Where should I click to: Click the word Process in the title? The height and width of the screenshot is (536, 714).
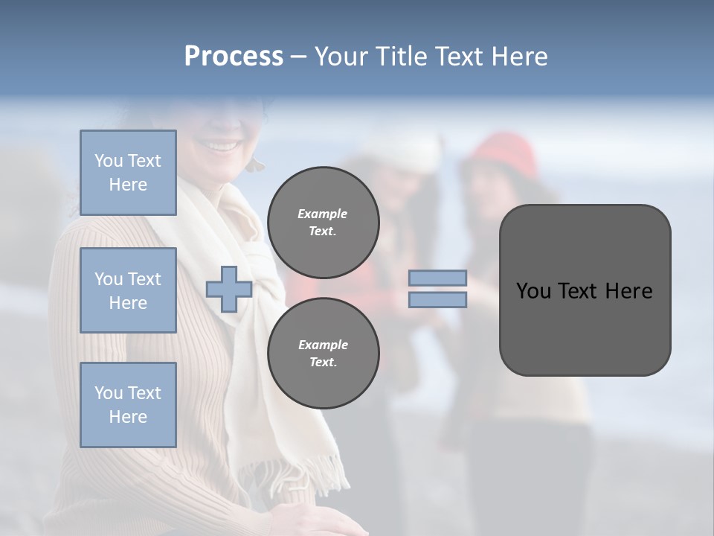234,57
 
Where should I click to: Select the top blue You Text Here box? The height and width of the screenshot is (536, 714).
128,173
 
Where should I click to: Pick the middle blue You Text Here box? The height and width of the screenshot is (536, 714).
128,290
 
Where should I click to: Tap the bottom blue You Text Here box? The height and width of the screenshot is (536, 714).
128,404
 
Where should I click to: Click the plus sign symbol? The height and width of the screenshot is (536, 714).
229,290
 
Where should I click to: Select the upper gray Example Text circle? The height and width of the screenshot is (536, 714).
323,222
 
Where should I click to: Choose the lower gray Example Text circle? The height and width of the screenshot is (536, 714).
323,353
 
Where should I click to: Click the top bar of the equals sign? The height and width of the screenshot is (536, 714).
437,278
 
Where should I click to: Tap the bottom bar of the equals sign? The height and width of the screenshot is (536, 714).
437,299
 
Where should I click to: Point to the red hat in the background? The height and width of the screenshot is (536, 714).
506,153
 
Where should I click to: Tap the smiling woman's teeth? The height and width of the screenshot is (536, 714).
222,145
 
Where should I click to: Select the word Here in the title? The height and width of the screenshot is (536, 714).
521,57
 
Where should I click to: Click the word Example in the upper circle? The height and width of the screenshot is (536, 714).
322,214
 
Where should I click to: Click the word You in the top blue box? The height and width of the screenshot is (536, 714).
108,161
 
